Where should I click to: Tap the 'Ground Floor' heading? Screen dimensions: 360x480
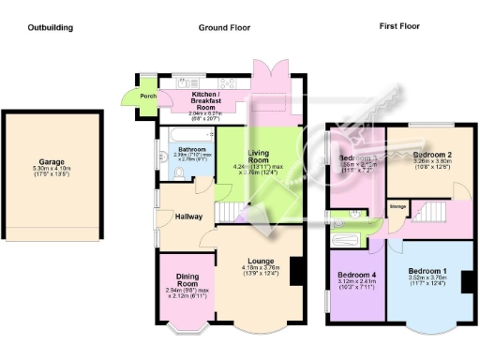(x=225, y=27)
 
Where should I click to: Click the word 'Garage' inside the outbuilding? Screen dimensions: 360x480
(x=52, y=161)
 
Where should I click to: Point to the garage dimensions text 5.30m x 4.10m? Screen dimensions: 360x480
(x=52, y=169)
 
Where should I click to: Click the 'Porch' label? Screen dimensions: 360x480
(x=148, y=96)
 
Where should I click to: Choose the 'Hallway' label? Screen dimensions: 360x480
(x=188, y=217)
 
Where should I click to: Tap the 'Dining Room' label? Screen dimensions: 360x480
(x=188, y=280)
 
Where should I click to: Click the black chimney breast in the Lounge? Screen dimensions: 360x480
(x=296, y=271)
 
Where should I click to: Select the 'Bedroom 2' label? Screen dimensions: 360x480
(x=432, y=152)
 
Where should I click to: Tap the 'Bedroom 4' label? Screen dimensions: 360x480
(x=355, y=276)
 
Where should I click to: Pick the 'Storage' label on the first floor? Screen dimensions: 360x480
(x=397, y=206)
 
